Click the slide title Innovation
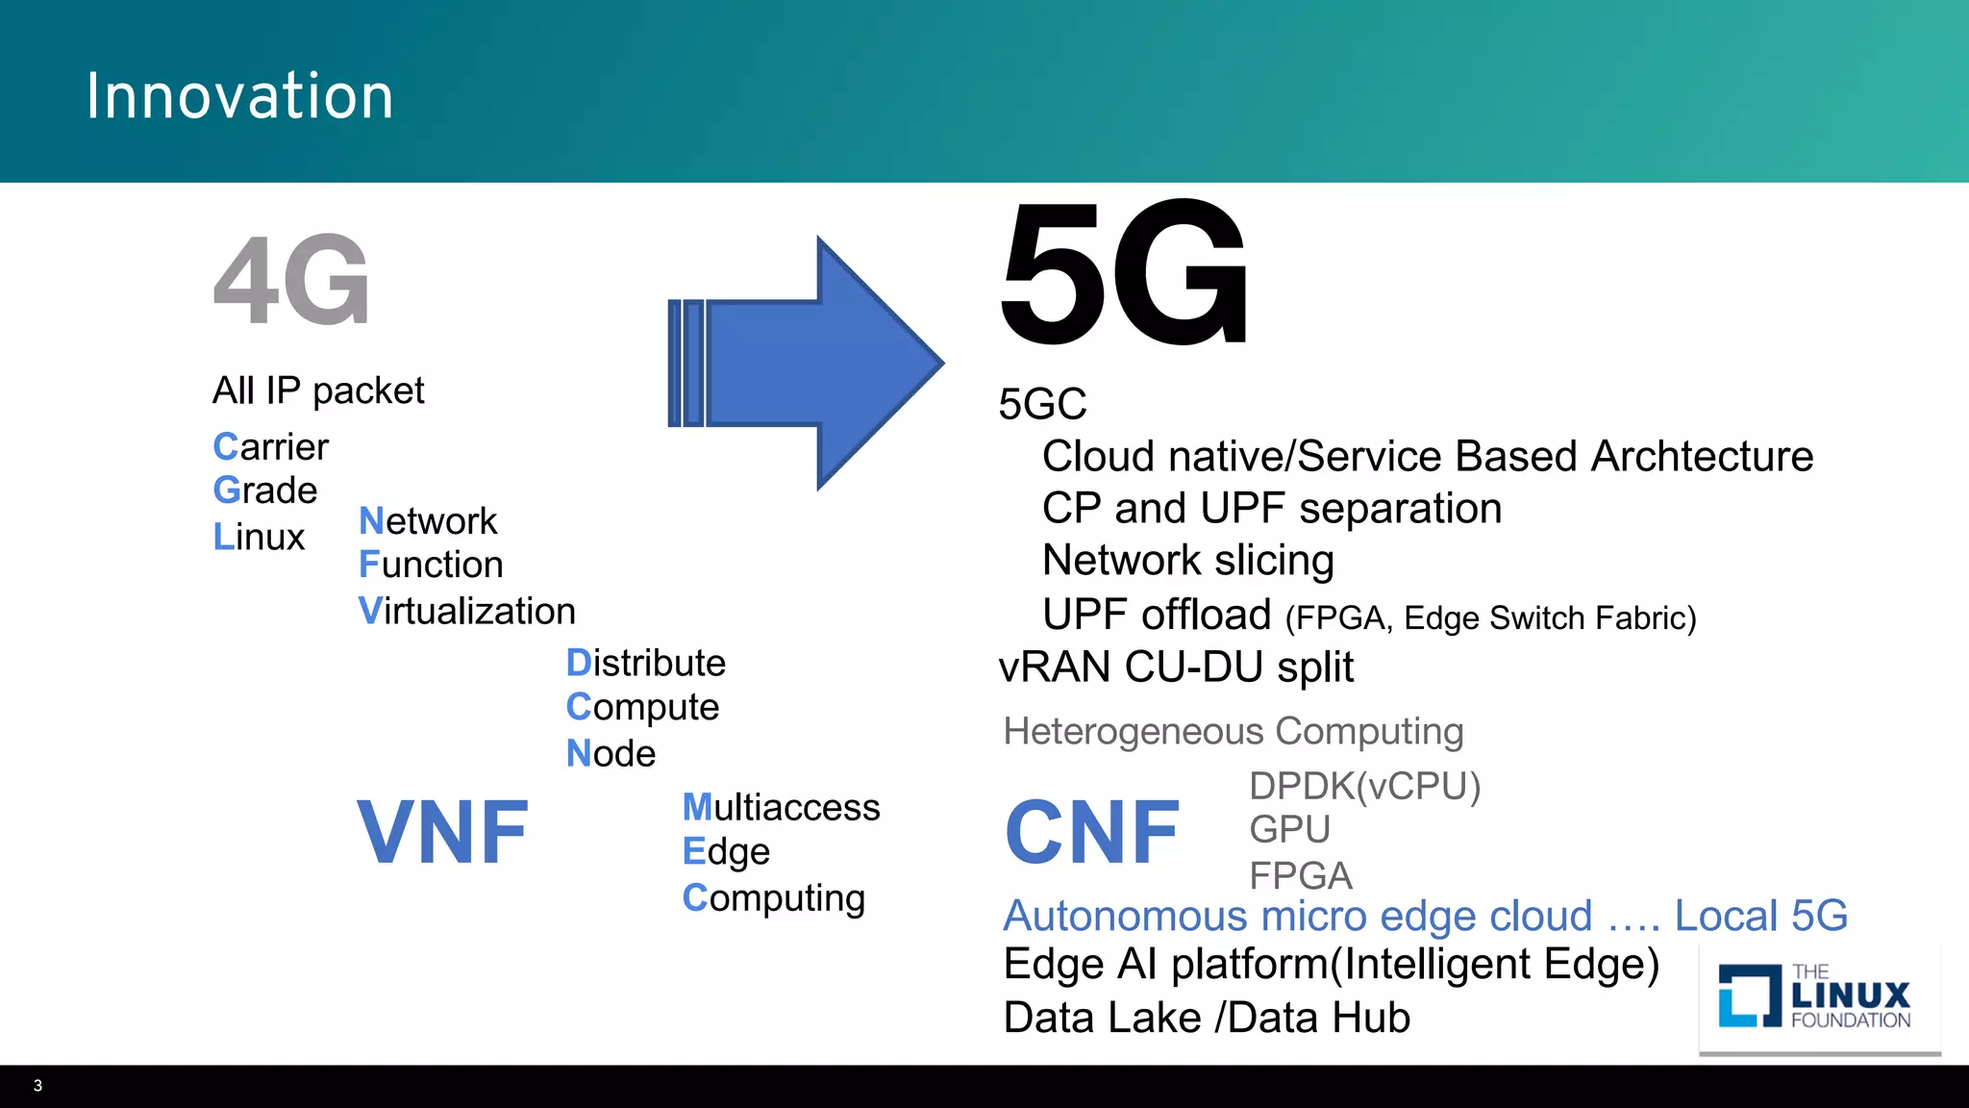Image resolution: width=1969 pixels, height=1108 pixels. (x=239, y=96)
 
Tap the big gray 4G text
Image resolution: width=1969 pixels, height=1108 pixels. (x=291, y=280)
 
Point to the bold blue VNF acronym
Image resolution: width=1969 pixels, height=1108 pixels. (x=442, y=832)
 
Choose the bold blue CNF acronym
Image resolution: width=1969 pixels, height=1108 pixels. (x=1092, y=832)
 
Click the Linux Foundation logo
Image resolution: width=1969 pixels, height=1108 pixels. (x=1815, y=996)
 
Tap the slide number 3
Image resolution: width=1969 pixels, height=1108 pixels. (x=37, y=1086)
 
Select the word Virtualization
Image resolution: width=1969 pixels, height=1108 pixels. (x=467, y=612)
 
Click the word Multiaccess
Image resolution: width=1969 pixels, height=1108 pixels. (x=781, y=807)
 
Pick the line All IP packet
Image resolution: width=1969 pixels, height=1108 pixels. (x=318, y=390)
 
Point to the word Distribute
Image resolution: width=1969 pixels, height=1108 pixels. (x=646, y=663)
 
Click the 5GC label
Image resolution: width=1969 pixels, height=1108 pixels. (x=1042, y=404)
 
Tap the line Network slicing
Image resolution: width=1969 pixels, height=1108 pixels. (x=1188, y=560)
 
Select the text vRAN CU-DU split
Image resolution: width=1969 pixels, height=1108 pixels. (x=1176, y=667)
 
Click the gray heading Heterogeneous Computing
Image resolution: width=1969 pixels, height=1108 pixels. (x=1233, y=731)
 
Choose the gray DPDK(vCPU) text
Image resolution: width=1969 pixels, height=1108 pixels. (x=1364, y=786)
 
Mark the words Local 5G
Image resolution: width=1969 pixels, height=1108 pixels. (x=1760, y=916)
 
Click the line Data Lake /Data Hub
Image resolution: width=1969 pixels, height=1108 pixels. (x=1207, y=1018)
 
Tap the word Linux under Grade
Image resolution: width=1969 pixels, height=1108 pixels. (x=259, y=537)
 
